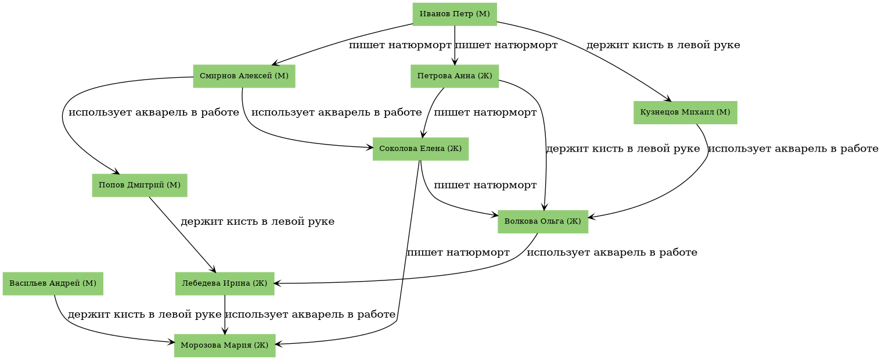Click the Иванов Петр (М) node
(x=455, y=14)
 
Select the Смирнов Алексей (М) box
(x=244, y=76)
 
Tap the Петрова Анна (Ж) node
(x=455, y=76)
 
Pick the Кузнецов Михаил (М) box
(x=685, y=112)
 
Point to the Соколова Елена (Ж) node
(x=420, y=149)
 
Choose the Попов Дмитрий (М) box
(x=139, y=185)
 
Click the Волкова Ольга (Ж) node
(x=543, y=221)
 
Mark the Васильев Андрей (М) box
(x=53, y=283)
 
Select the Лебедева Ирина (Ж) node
(x=225, y=283)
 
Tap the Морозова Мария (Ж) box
(x=225, y=345)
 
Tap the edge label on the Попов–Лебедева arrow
(x=257, y=222)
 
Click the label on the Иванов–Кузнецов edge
(x=663, y=45)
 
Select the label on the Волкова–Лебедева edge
(x=611, y=253)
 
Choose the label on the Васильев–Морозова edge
(x=144, y=315)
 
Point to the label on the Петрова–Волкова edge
(x=623, y=149)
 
